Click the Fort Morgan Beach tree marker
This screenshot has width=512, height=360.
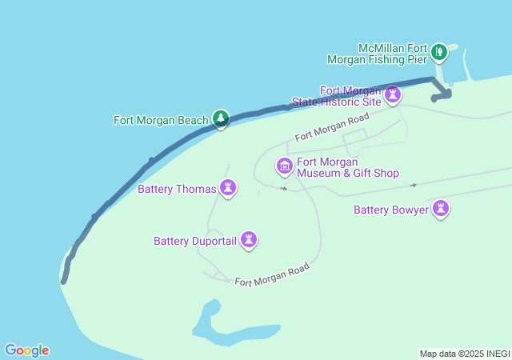point(221,119)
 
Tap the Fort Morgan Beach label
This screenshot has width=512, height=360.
point(161,121)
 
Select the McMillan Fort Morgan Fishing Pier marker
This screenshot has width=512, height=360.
point(438,53)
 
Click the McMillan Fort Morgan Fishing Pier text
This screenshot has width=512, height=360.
point(381,53)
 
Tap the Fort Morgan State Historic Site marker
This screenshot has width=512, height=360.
point(392,96)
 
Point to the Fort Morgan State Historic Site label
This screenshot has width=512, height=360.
point(338,97)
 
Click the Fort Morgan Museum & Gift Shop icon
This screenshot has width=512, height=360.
point(284,166)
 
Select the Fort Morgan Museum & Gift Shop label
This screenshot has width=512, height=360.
point(347,167)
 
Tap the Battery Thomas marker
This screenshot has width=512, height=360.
point(229,189)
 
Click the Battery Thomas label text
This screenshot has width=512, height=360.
point(177,190)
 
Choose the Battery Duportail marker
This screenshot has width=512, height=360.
point(249,239)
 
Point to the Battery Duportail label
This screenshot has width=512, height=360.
point(195,240)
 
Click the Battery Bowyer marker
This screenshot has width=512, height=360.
point(440,209)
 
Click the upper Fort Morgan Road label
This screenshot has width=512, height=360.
point(331,127)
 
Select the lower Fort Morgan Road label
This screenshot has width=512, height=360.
point(271,275)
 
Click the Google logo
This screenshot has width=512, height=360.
point(26,350)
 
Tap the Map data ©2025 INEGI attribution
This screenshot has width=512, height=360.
point(463,354)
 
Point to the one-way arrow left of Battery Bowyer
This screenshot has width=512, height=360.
point(413,185)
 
